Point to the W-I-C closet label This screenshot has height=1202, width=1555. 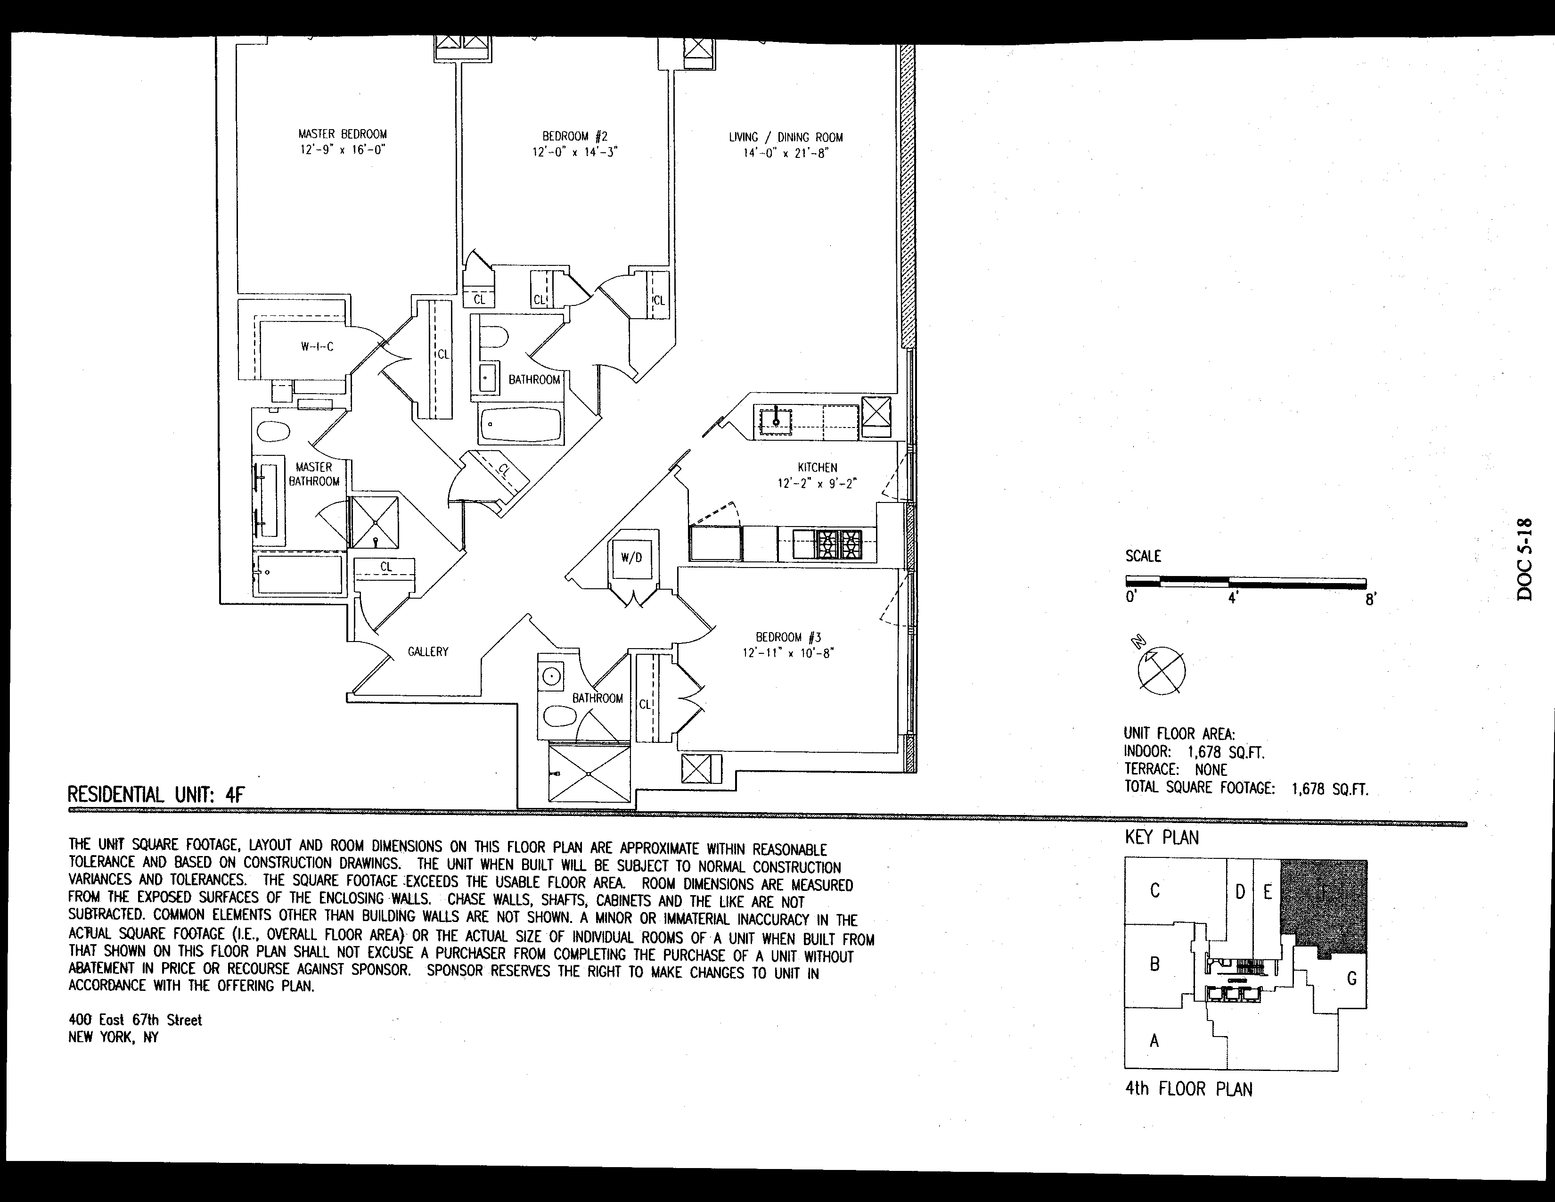pos(317,347)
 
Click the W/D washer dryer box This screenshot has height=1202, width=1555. pos(631,558)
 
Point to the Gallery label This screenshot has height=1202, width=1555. pos(428,651)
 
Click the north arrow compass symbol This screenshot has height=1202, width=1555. pos(1161,669)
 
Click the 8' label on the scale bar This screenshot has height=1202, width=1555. pos(1371,600)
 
